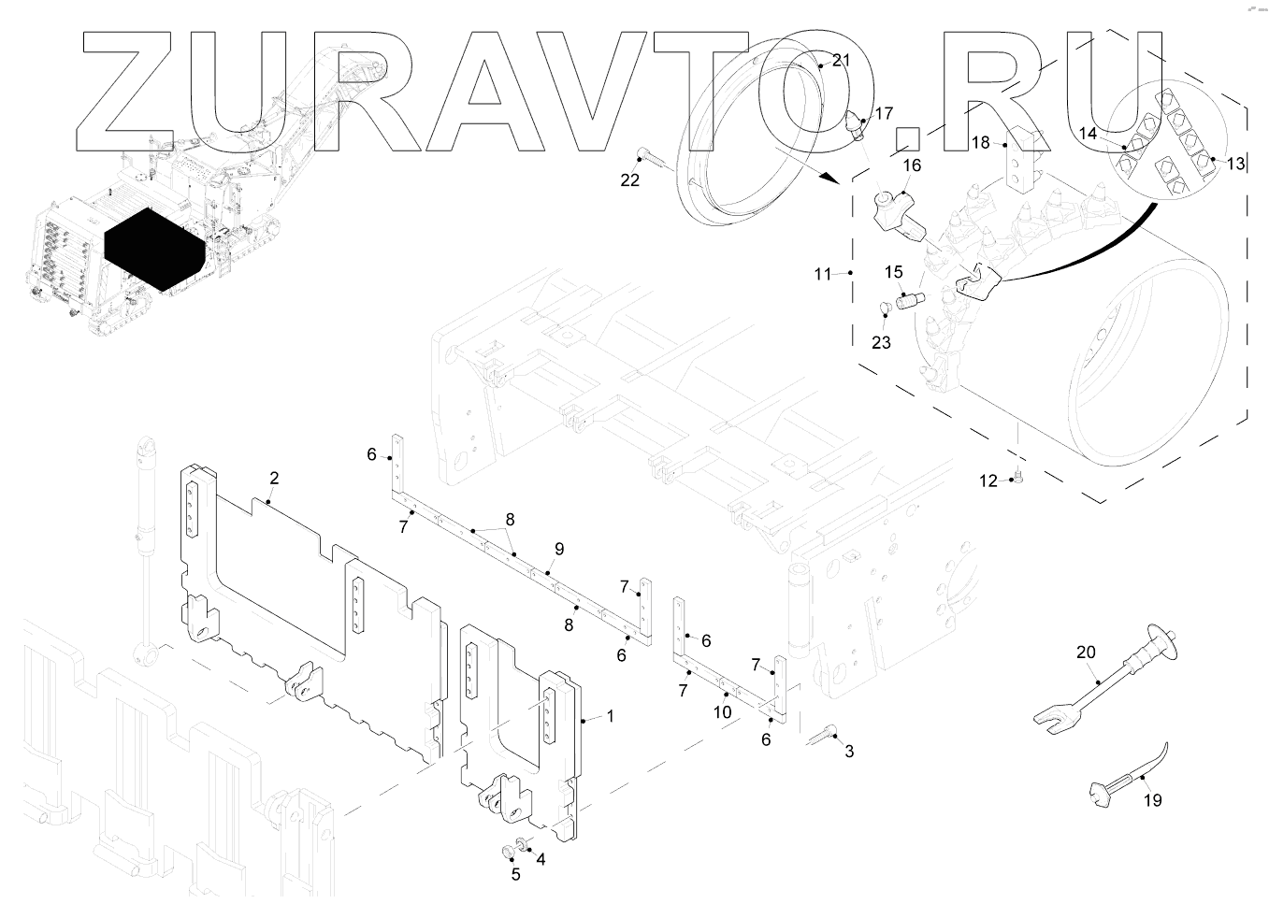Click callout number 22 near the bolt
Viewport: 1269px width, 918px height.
point(630,179)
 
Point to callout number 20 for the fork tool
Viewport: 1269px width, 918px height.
point(1085,653)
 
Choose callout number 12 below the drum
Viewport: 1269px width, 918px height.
point(988,481)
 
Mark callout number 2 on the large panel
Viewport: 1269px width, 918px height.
point(274,479)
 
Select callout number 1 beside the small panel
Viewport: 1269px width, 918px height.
point(610,716)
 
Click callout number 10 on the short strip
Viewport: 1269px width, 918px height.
point(722,711)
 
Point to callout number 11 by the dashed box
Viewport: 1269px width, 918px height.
point(822,274)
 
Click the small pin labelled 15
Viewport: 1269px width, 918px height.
point(908,301)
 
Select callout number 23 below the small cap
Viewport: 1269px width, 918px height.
point(881,343)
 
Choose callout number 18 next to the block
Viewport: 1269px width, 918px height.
point(981,143)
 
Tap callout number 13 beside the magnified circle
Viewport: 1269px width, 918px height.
point(1235,164)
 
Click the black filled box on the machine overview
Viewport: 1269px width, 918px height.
point(155,249)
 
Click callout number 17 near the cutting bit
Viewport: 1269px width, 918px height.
point(884,114)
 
